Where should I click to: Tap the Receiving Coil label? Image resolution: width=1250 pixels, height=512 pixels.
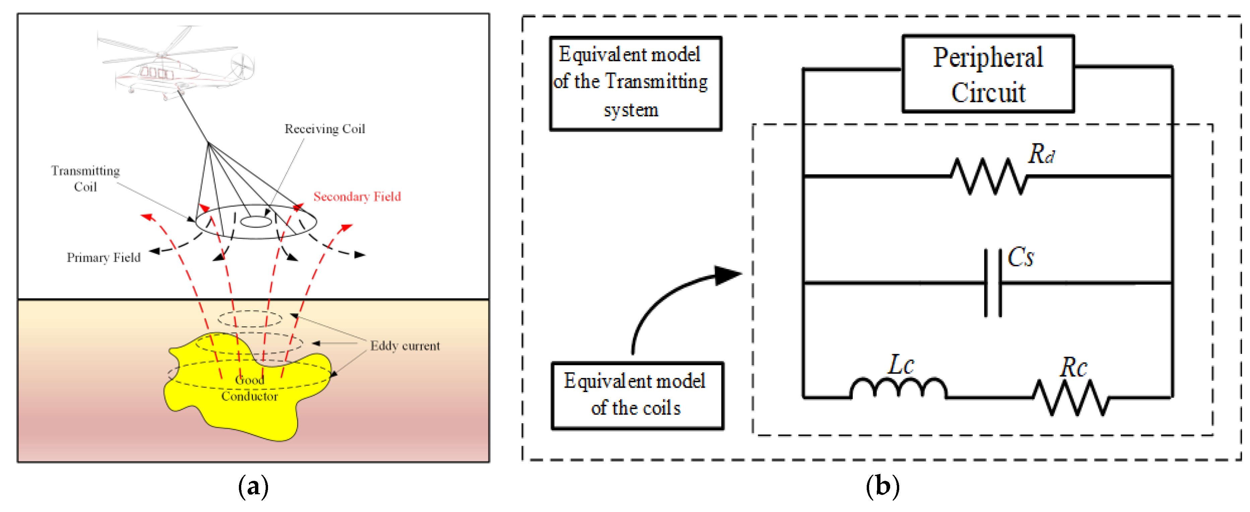[325, 129]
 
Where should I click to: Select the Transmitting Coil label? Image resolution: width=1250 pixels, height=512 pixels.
[85, 179]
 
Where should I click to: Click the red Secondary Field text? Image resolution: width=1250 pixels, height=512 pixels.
[357, 197]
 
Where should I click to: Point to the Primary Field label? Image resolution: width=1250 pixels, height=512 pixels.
[104, 258]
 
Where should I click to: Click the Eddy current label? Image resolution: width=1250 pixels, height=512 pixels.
[405, 346]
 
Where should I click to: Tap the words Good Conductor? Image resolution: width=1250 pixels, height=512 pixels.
[249, 388]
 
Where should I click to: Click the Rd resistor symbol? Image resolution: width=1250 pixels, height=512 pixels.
[988, 177]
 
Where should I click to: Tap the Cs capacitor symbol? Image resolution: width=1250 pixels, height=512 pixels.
[993, 283]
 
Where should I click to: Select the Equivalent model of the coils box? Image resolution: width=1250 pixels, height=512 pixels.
[637, 395]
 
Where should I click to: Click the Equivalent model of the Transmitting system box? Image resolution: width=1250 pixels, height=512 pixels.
[635, 83]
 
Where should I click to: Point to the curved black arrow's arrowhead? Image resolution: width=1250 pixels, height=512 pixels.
[728, 275]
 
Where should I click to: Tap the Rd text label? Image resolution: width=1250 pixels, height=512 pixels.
[1041, 154]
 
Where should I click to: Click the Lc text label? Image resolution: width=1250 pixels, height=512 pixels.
[901, 365]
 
